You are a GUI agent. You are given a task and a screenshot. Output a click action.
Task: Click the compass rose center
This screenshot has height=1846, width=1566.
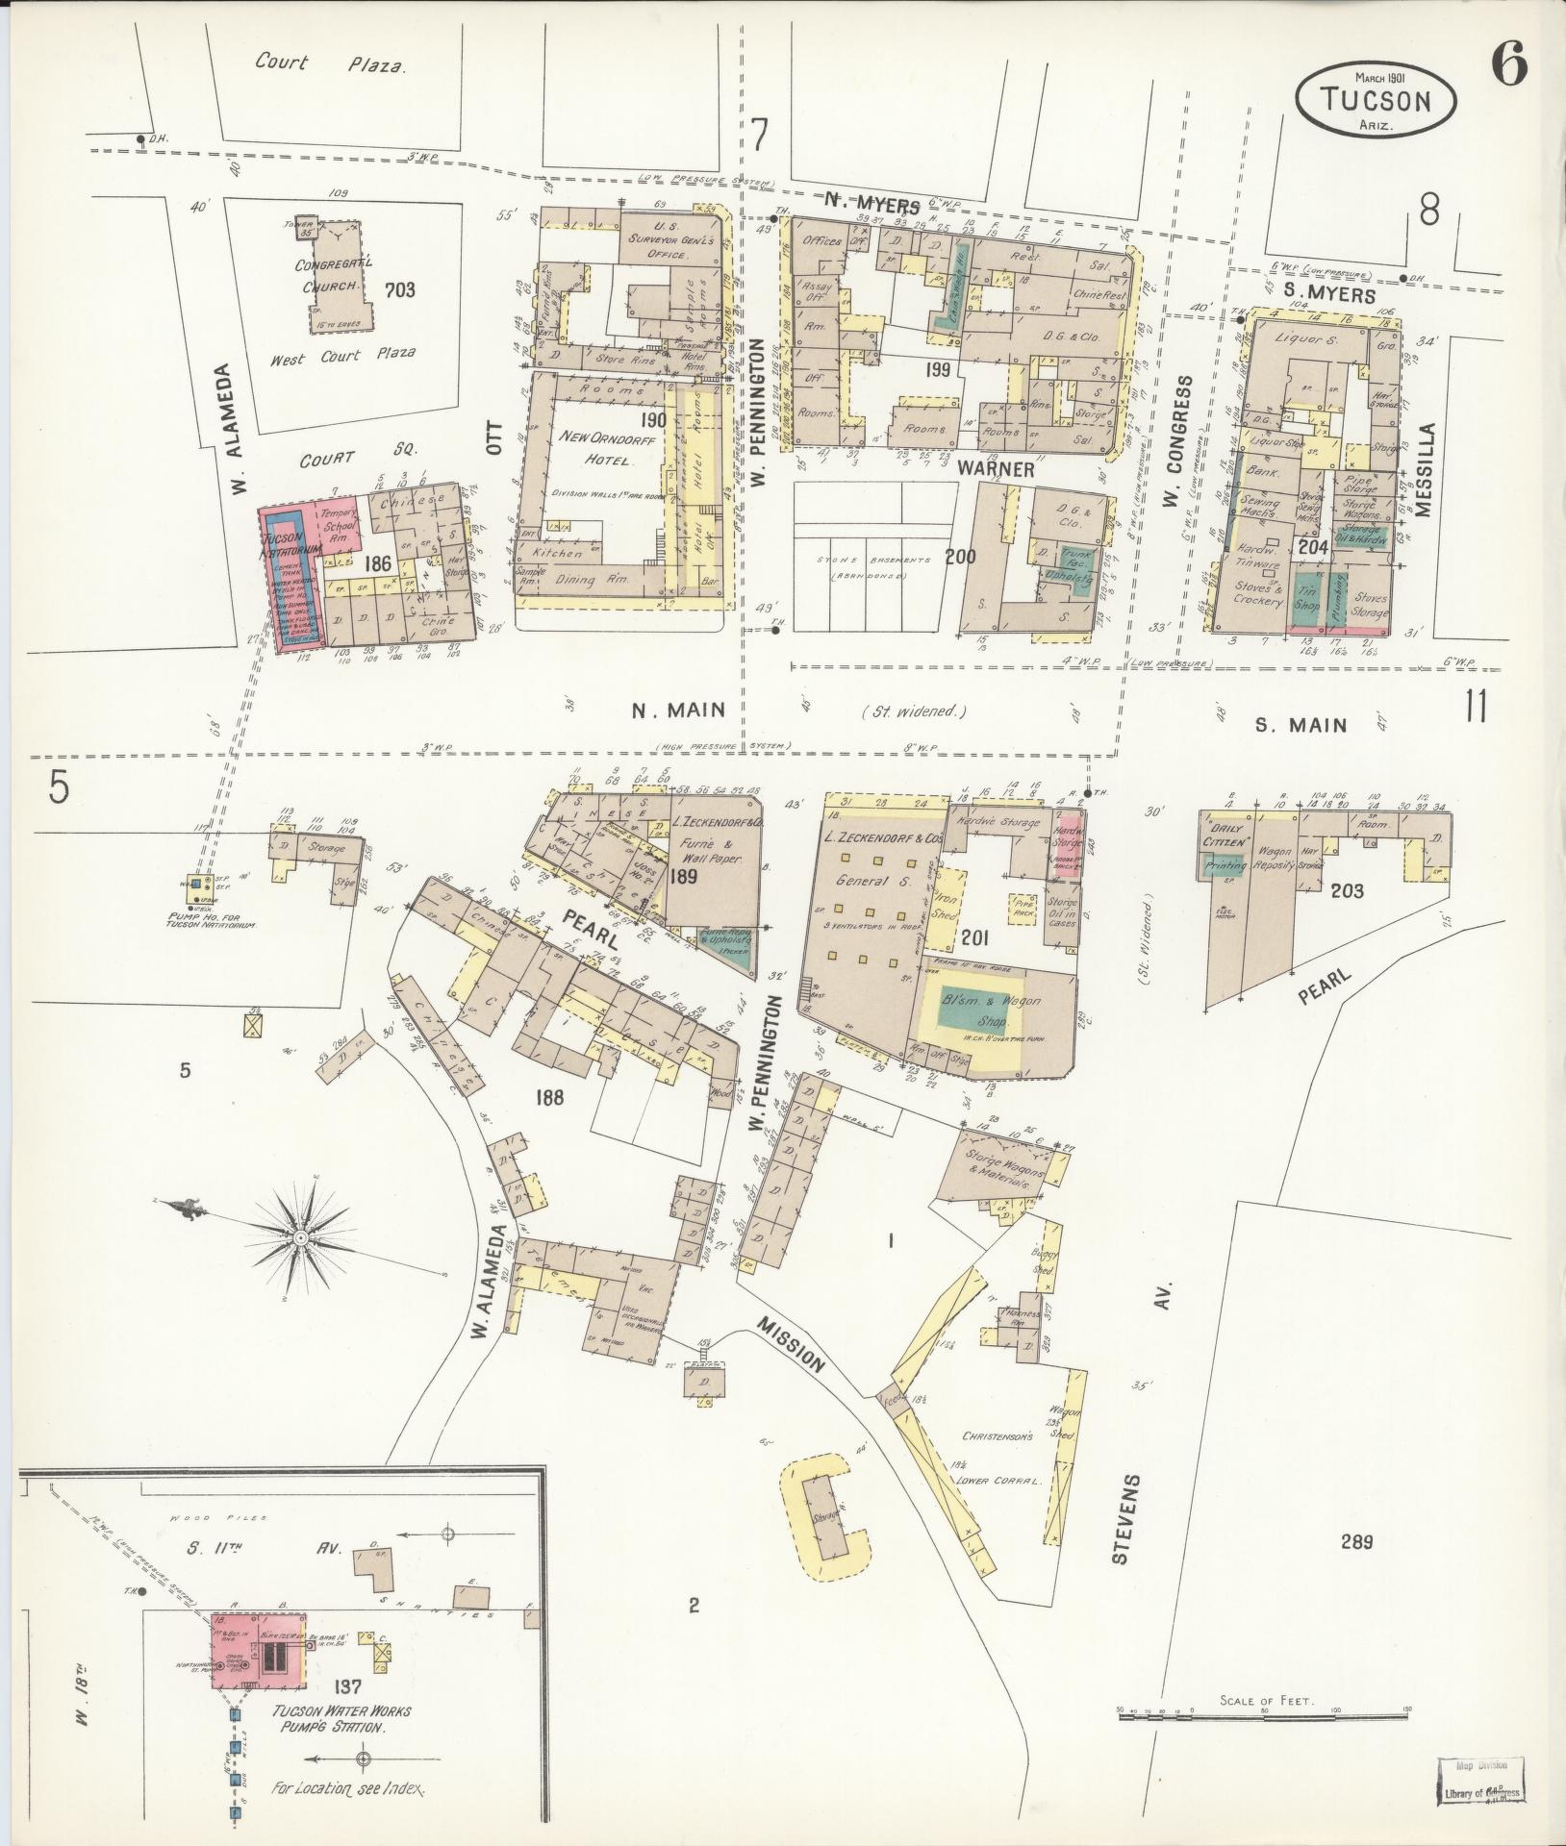pos(300,1236)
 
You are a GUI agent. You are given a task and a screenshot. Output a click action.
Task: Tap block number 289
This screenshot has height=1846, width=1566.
pos(1355,1543)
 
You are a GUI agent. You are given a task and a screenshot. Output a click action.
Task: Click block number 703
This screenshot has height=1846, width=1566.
pos(397,289)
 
